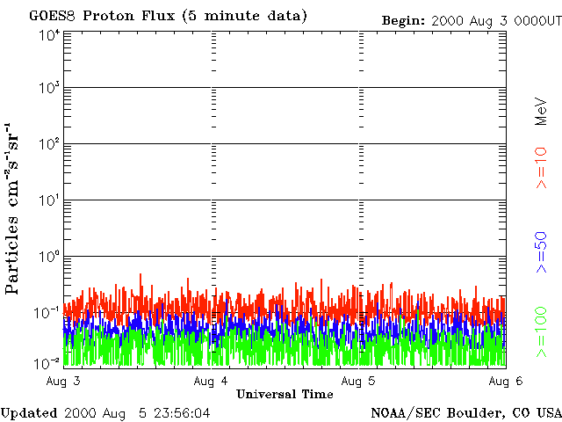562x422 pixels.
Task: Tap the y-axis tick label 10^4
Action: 48,34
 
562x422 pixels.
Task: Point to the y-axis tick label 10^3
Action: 48,89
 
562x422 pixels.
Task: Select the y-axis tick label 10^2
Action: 48,144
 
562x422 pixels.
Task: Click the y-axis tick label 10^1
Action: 48,200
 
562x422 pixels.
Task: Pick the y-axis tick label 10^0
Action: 48,257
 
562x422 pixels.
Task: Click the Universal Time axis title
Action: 285,394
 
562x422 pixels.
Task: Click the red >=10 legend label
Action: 542,167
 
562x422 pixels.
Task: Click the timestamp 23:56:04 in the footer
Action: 179,412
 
